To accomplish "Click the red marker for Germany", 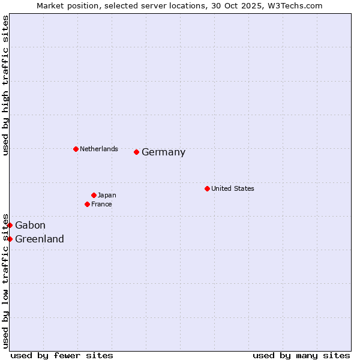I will (x=137, y=152).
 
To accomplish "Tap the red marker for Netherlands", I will (x=76, y=149).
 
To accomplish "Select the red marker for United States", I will (x=207, y=188).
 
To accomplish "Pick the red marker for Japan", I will (x=94, y=195).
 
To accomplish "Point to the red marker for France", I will (x=88, y=204).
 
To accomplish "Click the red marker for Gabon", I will (x=10, y=225).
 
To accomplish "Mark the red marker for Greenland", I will (x=10, y=239).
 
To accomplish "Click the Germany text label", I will (x=163, y=152).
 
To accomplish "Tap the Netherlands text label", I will (x=99, y=149).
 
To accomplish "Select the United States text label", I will (x=233, y=188).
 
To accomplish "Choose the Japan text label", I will (x=107, y=195).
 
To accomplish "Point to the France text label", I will (x=101, y=204).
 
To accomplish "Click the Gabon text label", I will (x=30, y=226).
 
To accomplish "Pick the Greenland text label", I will (x=40, y=239).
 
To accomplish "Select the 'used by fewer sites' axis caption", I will (x=62, y=355).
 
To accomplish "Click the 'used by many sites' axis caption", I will (x=301, y=355).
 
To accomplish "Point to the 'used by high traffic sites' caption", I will (x=5, y=85).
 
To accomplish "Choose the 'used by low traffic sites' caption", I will (x=5, y=281).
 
